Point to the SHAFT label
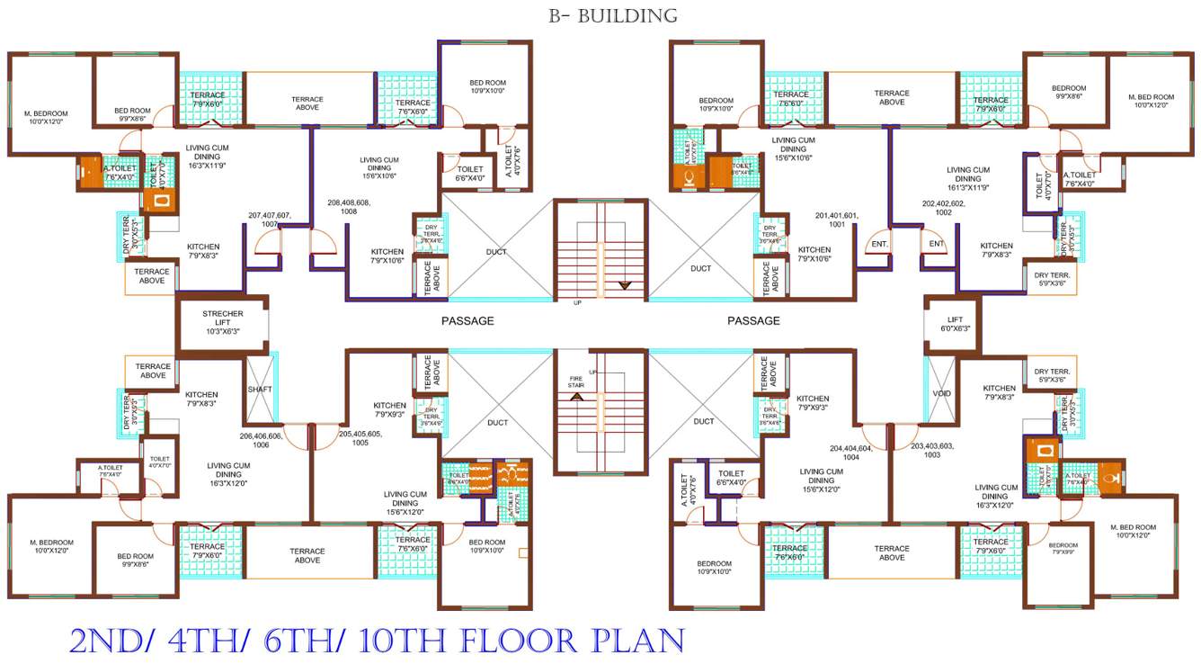[259, 389]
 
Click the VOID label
[941, 393]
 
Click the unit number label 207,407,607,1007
[270, 220]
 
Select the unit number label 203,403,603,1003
[932, 450]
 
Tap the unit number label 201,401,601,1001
[837, 220]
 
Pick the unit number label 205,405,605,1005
[360, 438]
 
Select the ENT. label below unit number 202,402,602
[936, 244]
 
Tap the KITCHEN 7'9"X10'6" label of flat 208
[387, 256]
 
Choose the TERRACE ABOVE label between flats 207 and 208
[307, 104]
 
